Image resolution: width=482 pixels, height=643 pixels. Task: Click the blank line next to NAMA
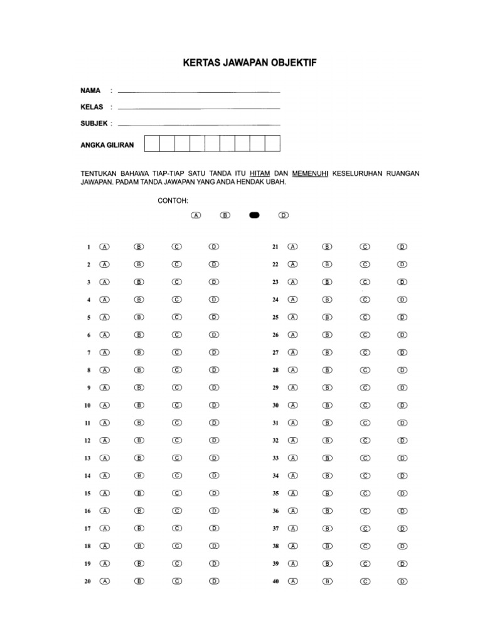[198, 92]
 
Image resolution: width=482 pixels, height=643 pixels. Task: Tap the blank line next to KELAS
[198, 108]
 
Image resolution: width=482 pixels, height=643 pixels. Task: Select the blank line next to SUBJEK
[198, 124]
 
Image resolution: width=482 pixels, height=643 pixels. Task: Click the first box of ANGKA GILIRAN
[152, 144]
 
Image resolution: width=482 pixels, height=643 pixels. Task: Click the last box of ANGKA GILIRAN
[272, 144]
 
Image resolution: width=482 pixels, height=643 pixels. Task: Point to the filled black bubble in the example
[254, 215]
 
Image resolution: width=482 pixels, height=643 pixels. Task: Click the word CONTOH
[173, 200]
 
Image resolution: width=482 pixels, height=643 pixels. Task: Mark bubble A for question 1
[105, 247]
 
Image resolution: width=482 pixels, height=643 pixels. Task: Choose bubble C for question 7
[177, 353]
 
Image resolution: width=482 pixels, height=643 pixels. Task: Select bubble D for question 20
[214, 581]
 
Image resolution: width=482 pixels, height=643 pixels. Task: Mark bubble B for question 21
[328, 247]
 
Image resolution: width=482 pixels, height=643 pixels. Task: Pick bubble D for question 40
[402, 581]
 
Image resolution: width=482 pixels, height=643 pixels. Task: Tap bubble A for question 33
[292, 458]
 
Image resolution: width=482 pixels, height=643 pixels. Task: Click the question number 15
[87, 494]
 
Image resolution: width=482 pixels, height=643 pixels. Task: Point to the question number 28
[275, 370]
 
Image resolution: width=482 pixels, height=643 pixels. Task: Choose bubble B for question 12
[139, 441]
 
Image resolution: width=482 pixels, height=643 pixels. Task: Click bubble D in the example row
[283, 215]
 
